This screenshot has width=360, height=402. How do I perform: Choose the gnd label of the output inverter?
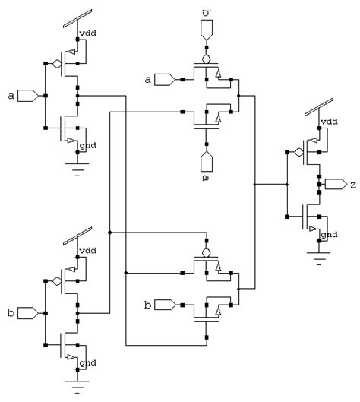[x=330, y=236]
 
